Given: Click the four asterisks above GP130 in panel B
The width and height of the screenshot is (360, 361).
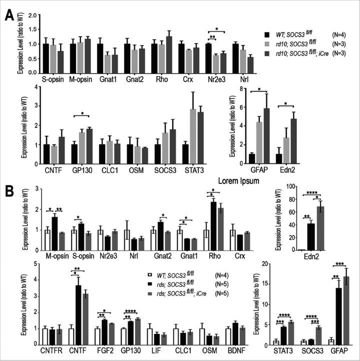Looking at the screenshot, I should pos(132,311).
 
